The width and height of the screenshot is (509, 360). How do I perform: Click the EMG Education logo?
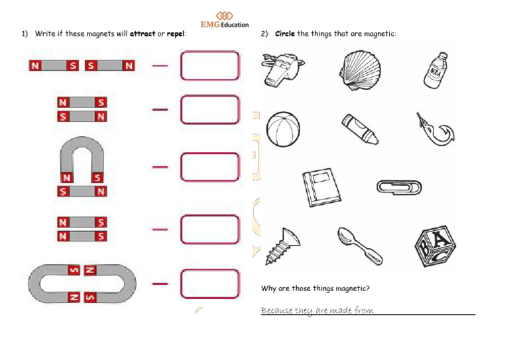click(225, 20)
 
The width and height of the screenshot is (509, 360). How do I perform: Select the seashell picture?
click(360, 70)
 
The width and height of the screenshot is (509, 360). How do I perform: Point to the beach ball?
click(283, 129)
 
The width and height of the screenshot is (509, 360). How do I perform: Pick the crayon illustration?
click(360, 129)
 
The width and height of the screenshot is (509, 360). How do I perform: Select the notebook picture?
click(321, 187)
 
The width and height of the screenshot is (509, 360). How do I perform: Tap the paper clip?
click(399, 188)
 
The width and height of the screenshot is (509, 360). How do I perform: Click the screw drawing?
click(282, 247)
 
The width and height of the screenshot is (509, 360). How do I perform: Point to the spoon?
click(360, 246)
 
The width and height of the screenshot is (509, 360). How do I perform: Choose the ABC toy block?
click(435, 247)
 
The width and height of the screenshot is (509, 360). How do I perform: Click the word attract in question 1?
click(142, 34)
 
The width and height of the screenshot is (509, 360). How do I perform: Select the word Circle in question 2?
click(285, 34)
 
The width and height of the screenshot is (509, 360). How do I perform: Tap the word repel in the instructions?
click(176, 34)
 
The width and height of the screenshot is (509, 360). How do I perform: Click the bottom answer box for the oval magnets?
click(210, 284)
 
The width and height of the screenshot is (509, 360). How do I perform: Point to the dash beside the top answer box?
click(160, 66)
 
